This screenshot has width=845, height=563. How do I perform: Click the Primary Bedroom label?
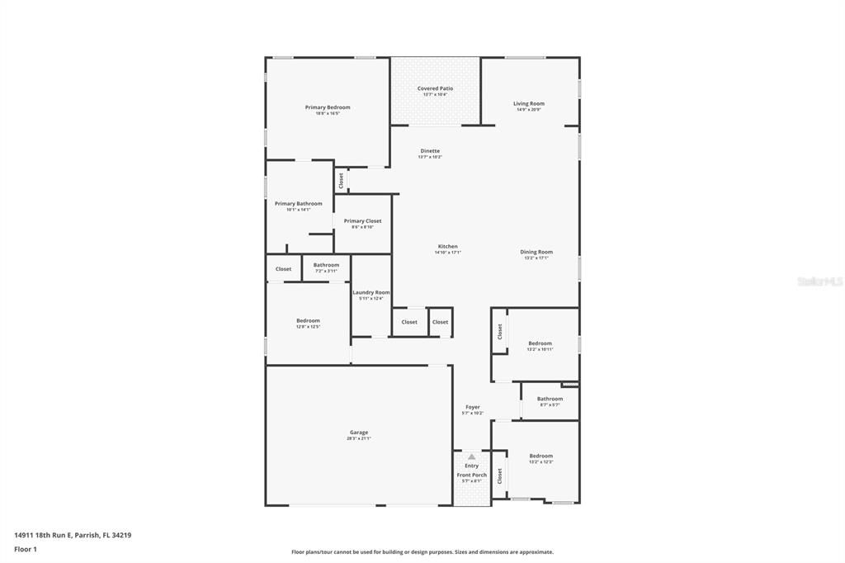[328, 107]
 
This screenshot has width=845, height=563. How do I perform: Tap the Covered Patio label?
[435, 88]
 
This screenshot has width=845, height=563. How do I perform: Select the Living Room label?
[529, 104]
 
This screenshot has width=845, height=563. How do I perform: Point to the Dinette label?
[430, 151]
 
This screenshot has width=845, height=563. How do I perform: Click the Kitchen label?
[447, 247]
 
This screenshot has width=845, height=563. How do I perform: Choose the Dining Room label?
[536, 252]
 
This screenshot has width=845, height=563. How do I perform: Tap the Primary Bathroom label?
[299, 204]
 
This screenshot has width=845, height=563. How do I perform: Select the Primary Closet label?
[363, 221]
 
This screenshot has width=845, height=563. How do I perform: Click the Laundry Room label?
[371, 292]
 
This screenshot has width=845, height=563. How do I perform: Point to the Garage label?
[359, 433]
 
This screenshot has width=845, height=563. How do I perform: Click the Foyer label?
[472, 407]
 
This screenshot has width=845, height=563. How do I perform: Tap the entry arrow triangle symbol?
[471, 457]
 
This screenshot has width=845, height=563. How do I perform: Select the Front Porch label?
[472, 475]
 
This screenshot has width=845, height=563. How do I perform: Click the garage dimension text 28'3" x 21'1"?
[359, 438]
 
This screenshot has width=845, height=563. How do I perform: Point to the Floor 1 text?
[26, 549]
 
